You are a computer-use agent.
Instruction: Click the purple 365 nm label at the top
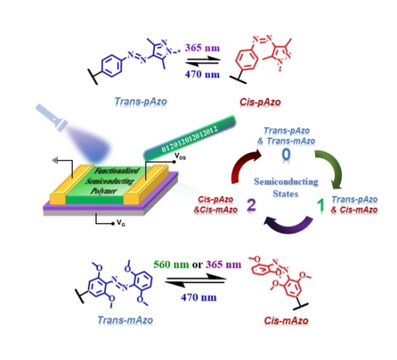(x=200, y=48)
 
